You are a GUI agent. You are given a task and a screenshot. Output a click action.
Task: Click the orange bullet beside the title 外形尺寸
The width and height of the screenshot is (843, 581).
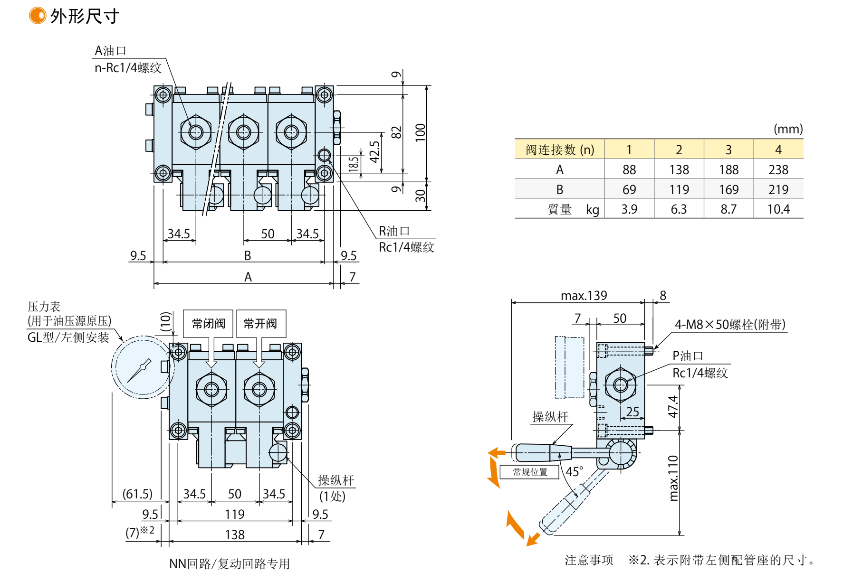37,16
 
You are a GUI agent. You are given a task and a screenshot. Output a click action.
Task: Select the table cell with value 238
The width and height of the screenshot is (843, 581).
778,169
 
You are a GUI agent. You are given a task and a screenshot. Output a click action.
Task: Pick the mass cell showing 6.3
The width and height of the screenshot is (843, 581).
679,209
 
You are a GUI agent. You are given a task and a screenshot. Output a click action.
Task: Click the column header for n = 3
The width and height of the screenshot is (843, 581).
728,150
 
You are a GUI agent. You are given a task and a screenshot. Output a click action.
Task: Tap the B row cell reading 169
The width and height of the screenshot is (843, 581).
728,189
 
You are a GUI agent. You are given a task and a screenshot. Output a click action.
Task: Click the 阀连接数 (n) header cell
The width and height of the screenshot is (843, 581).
559,150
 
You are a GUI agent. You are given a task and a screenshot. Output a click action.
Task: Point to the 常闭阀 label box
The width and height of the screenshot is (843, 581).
208,324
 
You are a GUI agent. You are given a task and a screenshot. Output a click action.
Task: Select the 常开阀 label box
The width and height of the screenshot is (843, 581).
260,324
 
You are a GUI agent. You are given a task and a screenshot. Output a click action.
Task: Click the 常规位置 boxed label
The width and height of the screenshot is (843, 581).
529,472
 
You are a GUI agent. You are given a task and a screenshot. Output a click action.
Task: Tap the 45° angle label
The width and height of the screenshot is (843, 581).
574,471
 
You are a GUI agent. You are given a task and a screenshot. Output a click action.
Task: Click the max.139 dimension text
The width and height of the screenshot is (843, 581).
584,296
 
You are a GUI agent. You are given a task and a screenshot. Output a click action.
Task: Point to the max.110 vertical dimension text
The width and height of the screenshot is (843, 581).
673,478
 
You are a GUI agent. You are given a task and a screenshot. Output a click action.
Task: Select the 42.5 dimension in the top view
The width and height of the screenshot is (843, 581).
374,152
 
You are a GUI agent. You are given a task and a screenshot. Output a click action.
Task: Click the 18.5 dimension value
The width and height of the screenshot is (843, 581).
354,164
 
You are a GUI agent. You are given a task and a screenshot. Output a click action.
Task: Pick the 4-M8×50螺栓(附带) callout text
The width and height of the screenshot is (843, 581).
730,325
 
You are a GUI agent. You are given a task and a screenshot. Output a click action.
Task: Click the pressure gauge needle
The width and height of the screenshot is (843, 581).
139,371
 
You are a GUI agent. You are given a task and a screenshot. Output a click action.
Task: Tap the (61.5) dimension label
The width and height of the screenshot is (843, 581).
137,494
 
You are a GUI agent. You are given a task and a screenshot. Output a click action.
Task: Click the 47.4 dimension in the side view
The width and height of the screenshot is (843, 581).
673,407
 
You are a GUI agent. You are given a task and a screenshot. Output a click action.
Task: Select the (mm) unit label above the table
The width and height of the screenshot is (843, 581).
788,129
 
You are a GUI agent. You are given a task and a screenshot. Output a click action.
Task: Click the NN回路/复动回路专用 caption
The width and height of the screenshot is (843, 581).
230,563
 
